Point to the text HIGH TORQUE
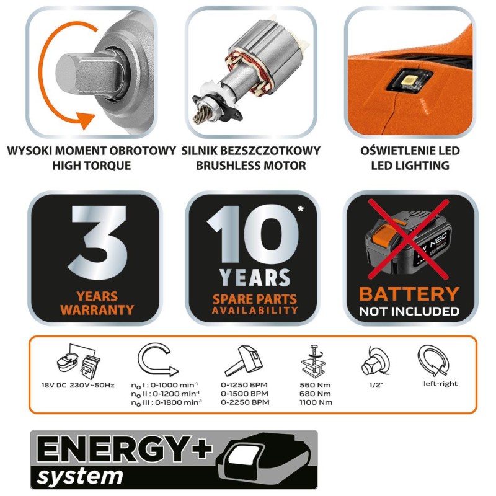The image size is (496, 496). [x=92, y=166]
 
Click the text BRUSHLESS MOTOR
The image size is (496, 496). [x=251, y=166]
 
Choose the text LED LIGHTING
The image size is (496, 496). [x=409, y=166]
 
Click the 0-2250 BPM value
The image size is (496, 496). [x=244, y=402]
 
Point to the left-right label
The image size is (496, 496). [x=440, y=384]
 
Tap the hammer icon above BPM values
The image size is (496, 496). [x=244, y=361]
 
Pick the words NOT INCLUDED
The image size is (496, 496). [x=410, y=311]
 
